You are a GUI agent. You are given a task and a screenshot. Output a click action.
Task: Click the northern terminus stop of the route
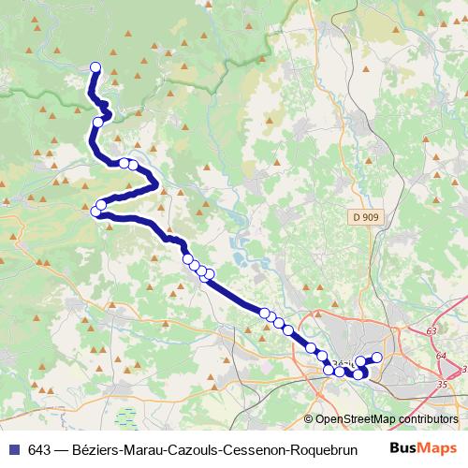[x=95, y=66]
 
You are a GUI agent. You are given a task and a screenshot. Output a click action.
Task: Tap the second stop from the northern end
[x=97, y=122]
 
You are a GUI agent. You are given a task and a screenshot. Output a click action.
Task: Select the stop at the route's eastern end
[x=378, y=357]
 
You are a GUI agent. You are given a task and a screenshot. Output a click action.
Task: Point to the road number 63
[x=431, y=331]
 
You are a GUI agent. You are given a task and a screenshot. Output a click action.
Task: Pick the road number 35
[x=444, y=383]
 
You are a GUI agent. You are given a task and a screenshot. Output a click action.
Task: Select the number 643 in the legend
[x=39, y=447]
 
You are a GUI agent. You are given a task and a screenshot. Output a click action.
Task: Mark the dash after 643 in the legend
[x=61, y=447]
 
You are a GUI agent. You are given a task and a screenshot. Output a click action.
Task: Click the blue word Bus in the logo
[x=403, y=446]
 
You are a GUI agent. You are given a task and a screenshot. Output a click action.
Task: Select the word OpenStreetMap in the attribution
[x=354, y=420]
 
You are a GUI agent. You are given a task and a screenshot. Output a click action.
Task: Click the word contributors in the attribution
[x=427, y=420]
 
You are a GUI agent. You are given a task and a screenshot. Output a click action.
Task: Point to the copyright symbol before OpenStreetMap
[x=309, y=420]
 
